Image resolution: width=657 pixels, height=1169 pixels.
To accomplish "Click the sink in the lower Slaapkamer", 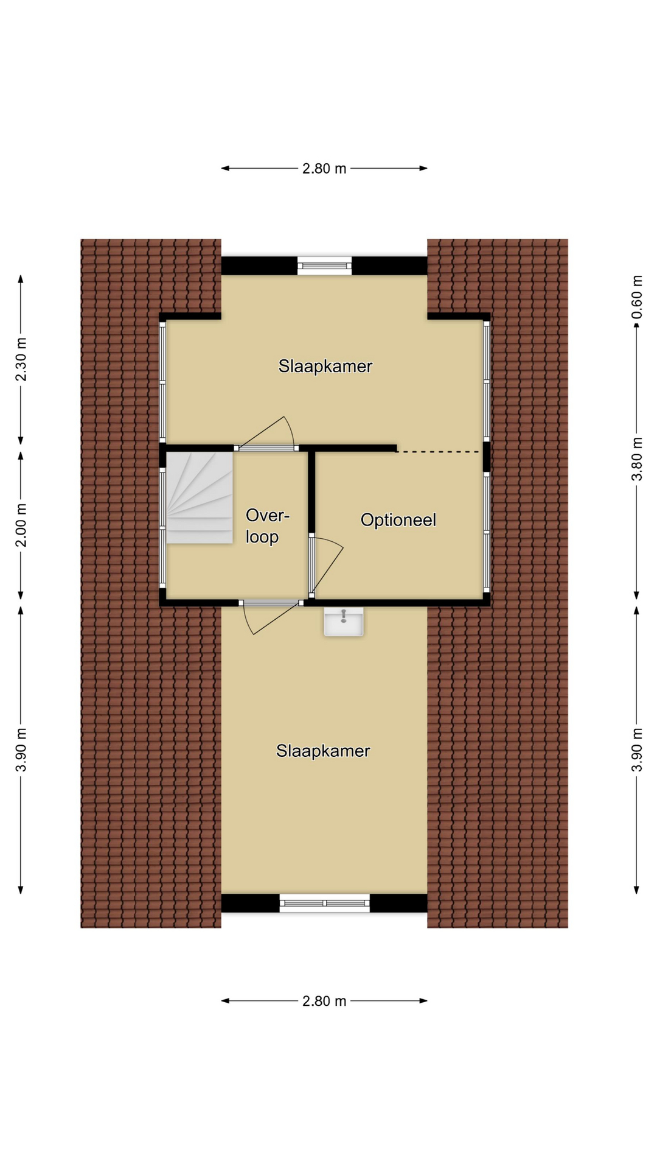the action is coord(344,622).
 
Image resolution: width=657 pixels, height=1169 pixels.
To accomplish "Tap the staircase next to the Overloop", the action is coord(200,497).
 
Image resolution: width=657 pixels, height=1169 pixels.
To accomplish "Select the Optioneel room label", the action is coord(398,520).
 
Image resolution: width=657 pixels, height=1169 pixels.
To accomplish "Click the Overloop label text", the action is coord(267,526).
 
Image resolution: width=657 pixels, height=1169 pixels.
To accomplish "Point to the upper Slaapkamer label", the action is coord(325,366).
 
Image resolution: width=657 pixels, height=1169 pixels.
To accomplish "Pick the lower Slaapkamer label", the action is coord(323,751).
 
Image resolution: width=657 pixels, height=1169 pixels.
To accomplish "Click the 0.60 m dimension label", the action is coord(637,297).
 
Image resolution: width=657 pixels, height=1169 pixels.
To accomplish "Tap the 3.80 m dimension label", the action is coord(637,459).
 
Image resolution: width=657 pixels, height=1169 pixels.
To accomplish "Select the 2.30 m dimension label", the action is coord(21,359).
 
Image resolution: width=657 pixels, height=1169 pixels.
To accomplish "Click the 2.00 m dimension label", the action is coord(21,525).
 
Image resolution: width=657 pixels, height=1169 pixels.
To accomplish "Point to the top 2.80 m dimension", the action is coord(324,169).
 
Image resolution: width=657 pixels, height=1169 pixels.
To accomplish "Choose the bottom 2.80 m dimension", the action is coord(324,1001).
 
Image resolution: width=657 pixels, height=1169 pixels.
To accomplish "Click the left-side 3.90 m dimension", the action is coord(21,750).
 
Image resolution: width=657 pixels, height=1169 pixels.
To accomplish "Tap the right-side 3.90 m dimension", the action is coord(637,750).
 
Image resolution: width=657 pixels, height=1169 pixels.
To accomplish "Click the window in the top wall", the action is coord(325,265).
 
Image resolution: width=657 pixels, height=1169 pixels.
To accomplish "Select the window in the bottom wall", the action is coord(325,903).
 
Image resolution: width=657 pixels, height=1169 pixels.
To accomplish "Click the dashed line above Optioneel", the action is coord(438,452).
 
